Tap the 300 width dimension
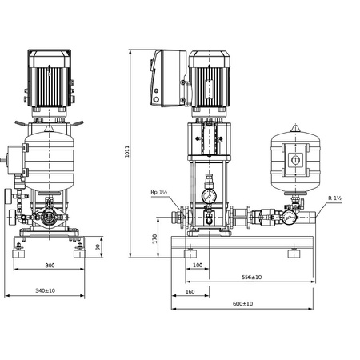[50, 264]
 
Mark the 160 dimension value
[189, 291]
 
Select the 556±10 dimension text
[250, 277]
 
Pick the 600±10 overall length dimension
[242, 304]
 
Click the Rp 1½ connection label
[159, 192]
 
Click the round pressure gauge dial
[209, 195]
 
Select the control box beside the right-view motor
[166, 78]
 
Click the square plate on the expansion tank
[296, 160]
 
